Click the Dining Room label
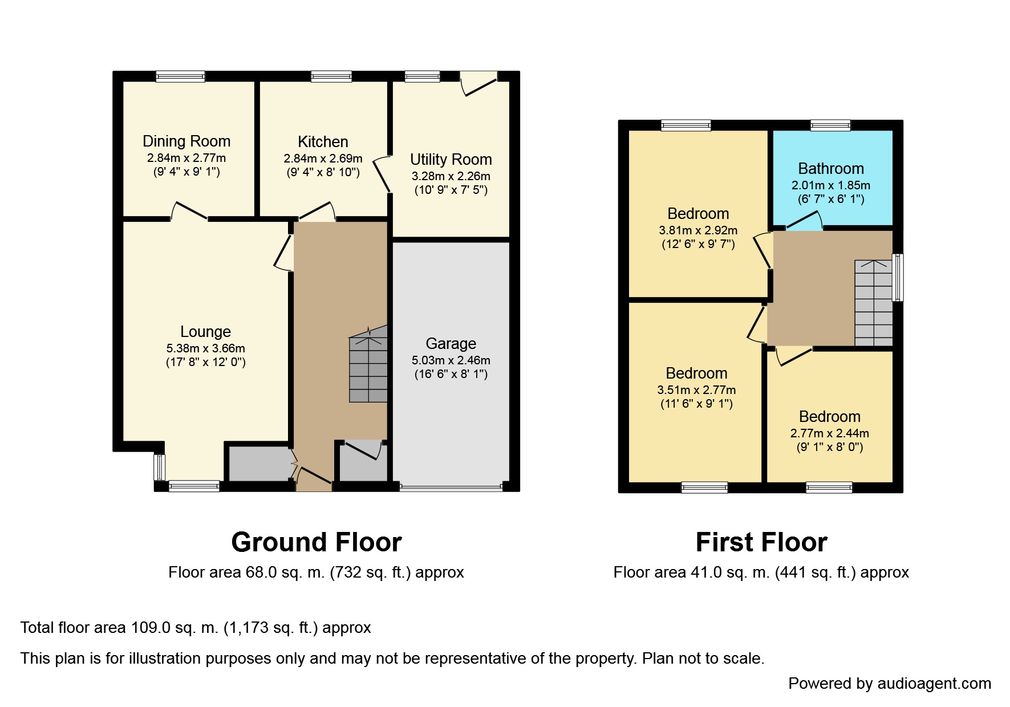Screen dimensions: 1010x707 tap(186, 141)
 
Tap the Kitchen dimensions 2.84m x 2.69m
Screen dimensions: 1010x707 tap(323, 159)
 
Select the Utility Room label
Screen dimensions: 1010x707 tap(451, 160)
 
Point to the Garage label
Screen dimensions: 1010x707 tap(451, 343)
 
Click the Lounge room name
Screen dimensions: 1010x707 tap(205, 331)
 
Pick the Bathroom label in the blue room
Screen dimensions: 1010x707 tap(831, 169)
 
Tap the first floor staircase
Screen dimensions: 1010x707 tap(873, 303)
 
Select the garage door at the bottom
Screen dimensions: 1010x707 tap(451, 487)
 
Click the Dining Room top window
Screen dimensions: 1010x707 tap(181, 76)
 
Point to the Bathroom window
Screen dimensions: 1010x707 tap(831, 125)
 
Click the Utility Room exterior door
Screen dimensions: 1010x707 tap(478, 83)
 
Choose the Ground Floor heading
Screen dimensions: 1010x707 tap(317, 542)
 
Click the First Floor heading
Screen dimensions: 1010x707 tap(761, 542)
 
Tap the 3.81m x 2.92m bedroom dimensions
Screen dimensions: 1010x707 tap(698, 230)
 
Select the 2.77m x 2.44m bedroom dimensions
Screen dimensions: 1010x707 tap(830, 433)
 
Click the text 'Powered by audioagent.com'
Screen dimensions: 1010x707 tap(890, 684)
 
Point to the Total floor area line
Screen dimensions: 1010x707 tap(196, 628)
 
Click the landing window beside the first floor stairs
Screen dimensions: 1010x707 tap(898, 278)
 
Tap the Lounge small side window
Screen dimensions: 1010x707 tap(159, 468)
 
